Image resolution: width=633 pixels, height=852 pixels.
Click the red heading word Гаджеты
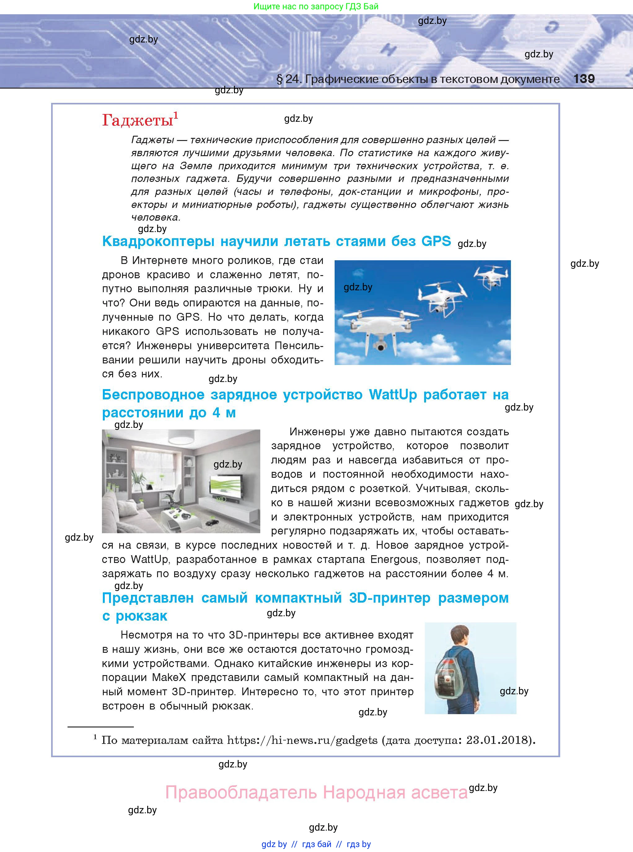point(137,120)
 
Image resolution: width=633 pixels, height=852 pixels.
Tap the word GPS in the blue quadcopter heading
point(436,241)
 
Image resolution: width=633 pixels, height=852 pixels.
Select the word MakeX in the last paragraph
point(169,678)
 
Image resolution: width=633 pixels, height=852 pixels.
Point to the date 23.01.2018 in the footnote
point(497,740)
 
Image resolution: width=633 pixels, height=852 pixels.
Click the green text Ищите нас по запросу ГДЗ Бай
point(316,7)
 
